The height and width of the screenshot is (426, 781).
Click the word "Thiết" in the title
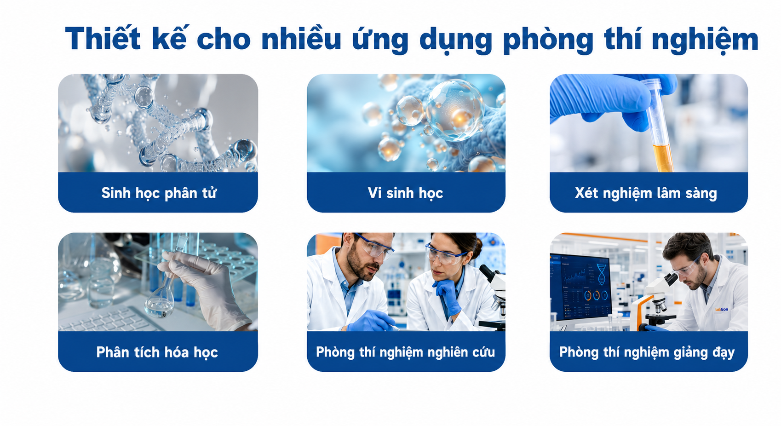[x=103, y=38]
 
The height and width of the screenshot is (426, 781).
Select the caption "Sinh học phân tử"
[x=159, y=193]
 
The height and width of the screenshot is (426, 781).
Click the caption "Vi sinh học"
[x=406, y=193]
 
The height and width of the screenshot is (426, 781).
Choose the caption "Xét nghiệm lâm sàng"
[x=646, y=193]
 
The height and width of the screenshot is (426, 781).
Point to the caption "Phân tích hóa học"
[x=157, y=352]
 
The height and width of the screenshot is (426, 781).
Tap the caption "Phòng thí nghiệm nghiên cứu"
[x=406, y=352]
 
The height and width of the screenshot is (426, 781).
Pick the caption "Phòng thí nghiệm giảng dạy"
[x=647, y=352]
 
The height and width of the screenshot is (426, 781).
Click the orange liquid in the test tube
[x=663, y=158]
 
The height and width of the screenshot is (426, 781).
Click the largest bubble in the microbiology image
[x=454, y=110]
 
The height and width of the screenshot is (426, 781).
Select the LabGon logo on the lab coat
[x=721, y=309]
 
